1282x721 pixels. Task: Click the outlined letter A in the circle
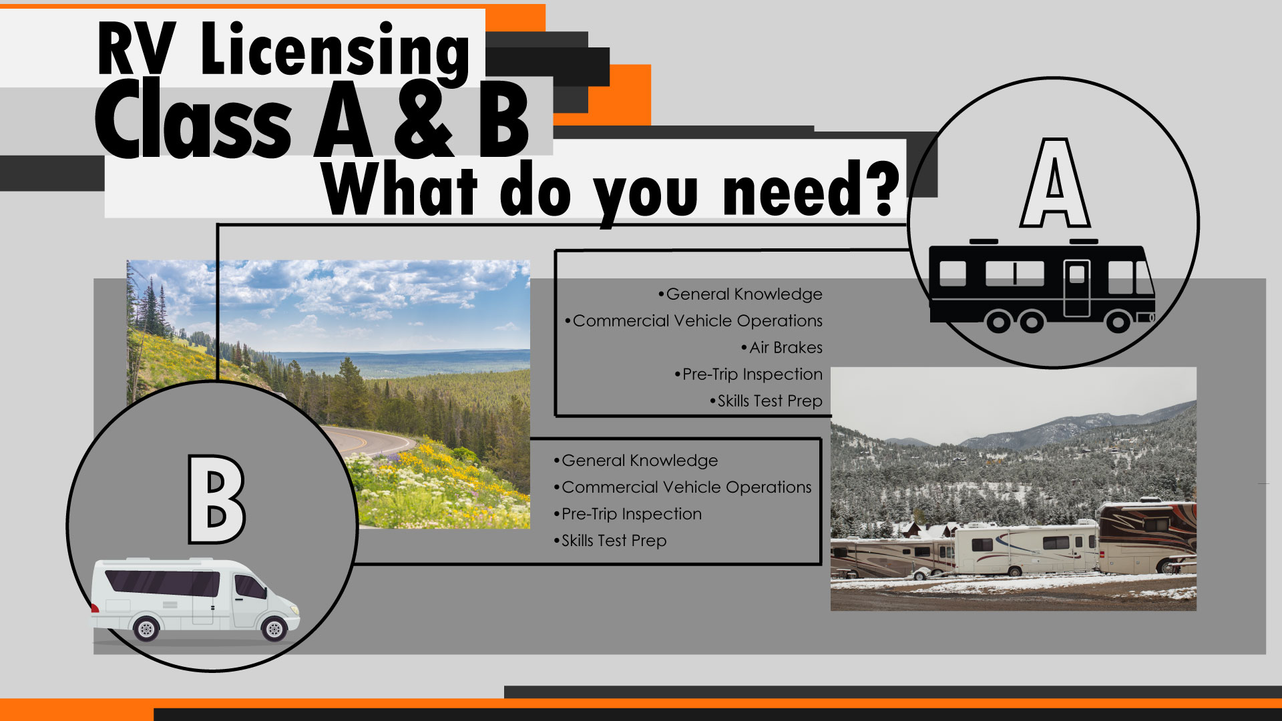pyautogui.click(x=1055, y=184)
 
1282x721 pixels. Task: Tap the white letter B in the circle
pyautogui.click(x=216, y=499)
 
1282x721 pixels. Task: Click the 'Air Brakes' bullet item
pyautogui.click(x=785, y=347)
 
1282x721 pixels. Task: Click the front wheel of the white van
pyautogui.click(x=274, y=628)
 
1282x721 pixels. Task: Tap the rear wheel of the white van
pyautogui.click(x=146, y=628)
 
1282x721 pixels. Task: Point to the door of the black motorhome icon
pyautogui.click(x=1076, y=287)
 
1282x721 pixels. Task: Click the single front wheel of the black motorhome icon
pyautogui.click(x=1118, y=322)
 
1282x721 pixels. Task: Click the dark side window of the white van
pyautogui.click(x=164, y=583)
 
